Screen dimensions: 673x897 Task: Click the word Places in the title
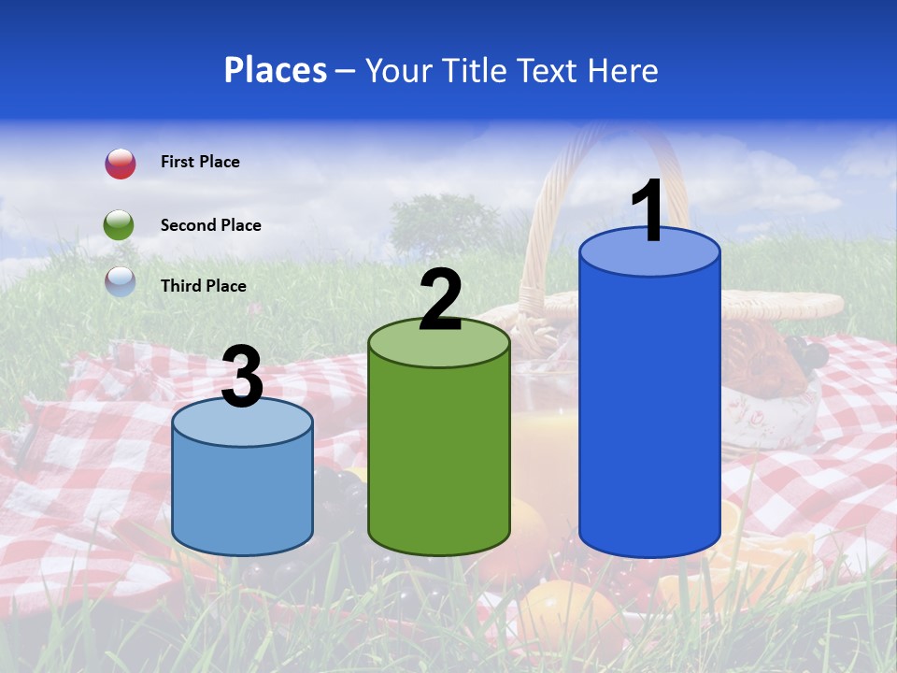click(x=276, y=70)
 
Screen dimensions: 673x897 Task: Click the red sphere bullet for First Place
click(x=121, y=164)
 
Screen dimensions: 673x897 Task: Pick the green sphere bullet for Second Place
click(x=120, y=225)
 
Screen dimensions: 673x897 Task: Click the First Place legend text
click(x=200, y=162)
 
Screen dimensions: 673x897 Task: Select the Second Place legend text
click(x=210, y=225)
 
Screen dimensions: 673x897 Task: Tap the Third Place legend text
click(x=203, y=286)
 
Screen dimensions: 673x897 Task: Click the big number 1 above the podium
click(x=649, y=211)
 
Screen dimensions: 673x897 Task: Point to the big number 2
click(x=440, y=300)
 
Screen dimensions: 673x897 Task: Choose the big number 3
click(x=242, y=378)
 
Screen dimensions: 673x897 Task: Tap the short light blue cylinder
click(x=242, y=495)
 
